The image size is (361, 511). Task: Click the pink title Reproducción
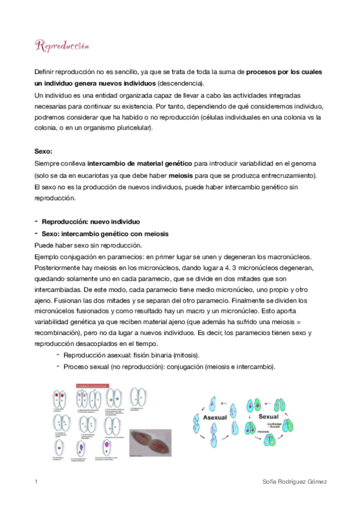pyautogui.click(x=63, y=46)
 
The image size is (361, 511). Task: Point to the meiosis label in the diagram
pyautogui.click(x=259, y=431)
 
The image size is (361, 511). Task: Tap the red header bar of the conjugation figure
pyautogui.click(x=95, y=386)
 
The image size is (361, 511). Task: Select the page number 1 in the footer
pyautogui.click(x=37, y=481)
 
